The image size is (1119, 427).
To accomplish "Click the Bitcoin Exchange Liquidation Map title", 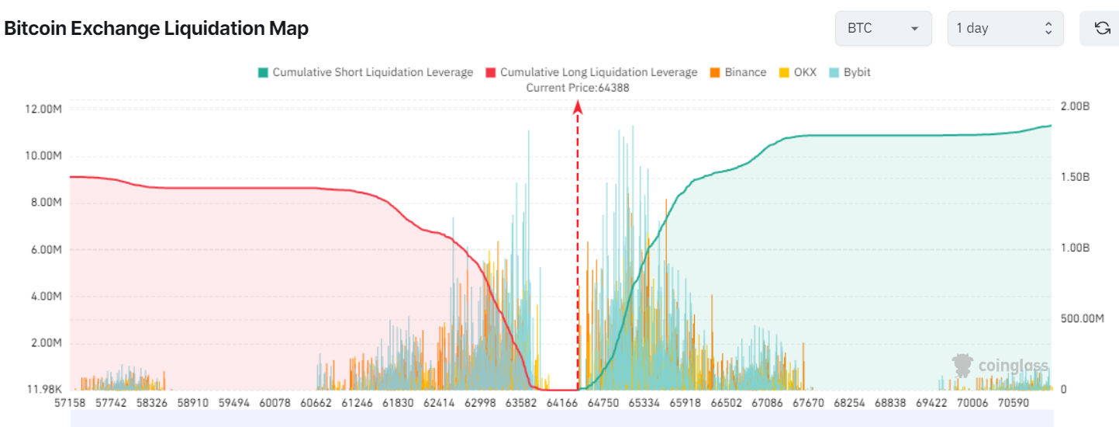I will pos(157,29).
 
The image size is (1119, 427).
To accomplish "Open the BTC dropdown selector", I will pos(883,29).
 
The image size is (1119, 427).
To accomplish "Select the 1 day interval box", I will pos(1004,29).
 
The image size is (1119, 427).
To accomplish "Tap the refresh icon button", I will pos(1101,29).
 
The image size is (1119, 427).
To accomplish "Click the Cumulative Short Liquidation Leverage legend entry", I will pos(365,72).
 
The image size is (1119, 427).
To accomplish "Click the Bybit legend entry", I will pos(850,72).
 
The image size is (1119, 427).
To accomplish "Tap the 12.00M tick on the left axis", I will pos(43,109).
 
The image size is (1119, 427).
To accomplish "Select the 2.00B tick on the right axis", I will pos(1075,106).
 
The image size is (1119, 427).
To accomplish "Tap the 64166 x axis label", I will pos(563,404).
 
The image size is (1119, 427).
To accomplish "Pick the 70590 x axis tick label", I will pos(1014,404).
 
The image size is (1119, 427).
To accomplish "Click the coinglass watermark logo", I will pos(1000,365).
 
